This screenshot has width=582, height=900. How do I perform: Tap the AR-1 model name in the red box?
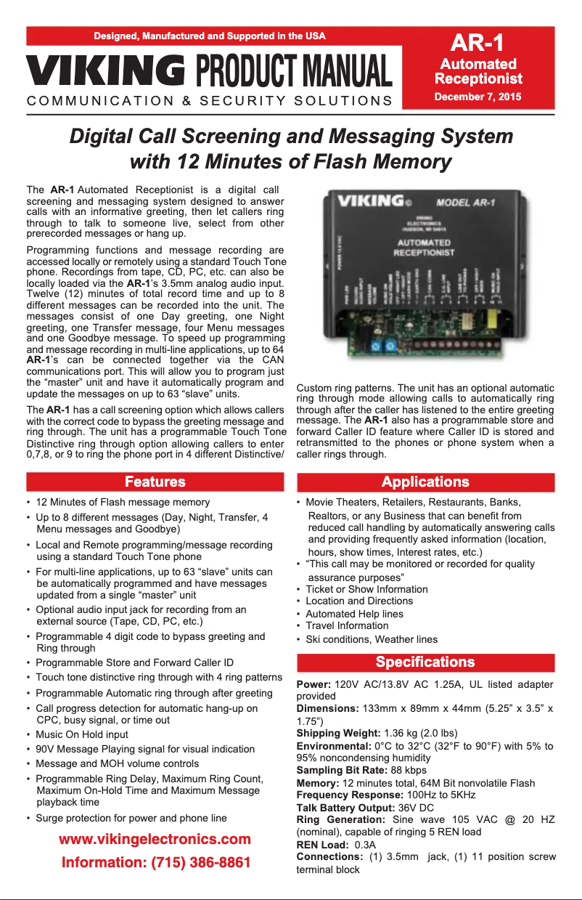[x=478, y=42]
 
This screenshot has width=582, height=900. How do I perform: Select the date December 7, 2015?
[x=478, y=97]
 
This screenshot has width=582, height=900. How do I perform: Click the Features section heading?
[x=155, y=482]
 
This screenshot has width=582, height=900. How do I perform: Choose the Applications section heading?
[x=425, y=482]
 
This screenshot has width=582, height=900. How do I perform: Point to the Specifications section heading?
[x=425, y=662]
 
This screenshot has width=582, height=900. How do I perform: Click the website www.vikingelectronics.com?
[x=155, y=839]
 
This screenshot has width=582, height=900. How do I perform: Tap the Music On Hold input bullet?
[x=82, y=734]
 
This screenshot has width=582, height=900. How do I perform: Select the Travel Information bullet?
[x=347, y=625]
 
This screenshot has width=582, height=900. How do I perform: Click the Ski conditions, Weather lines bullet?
[x=372, y=639]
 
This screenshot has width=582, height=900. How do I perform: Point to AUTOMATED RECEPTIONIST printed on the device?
[x=424, y=247]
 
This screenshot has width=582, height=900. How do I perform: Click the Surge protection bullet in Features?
[x=131, y=818]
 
